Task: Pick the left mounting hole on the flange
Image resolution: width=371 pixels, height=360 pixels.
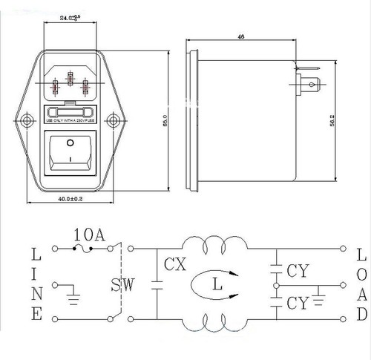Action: coord(27,119)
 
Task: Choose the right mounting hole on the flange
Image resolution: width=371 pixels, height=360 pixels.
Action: coord(113,119)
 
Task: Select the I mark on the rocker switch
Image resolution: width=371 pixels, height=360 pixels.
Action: coord(70,158)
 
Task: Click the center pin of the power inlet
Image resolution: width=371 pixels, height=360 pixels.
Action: coord(70,79)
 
